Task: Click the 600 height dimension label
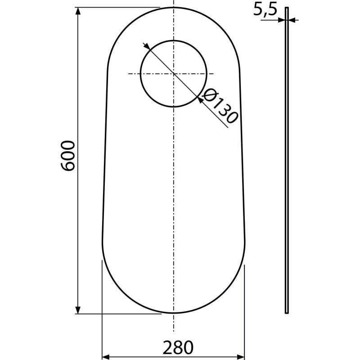(x=67, y=156)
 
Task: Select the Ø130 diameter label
(x=220, y=106)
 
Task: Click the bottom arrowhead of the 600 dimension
(x=78, y=310)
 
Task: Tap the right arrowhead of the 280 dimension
(x=241, y=357)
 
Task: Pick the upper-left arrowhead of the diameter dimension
(x=147, y=47)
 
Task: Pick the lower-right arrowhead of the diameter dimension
(x=200, y=100)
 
